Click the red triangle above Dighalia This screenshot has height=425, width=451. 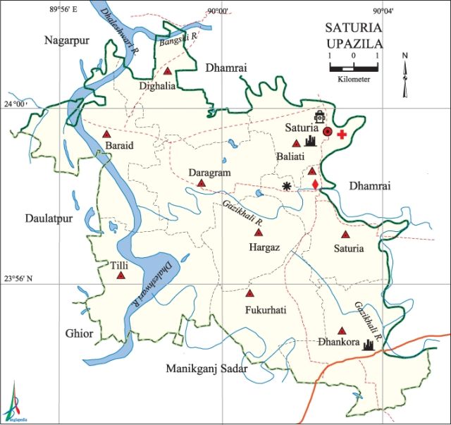(x=168, y=71)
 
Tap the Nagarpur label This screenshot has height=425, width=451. (x=67, y=41)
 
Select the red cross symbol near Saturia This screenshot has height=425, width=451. (x=342, y=134)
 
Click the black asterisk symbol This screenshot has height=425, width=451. (x=286, y=186)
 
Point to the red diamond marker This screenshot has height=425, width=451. (x=315, y=185)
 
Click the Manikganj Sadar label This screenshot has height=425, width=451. (x=202, y=369)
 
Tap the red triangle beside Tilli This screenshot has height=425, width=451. (x=121, y=276)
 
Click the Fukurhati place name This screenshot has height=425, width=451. (x=265, y=310)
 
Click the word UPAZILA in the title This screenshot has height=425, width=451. (x=354, y=44)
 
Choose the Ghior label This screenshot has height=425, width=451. (x=78, y=333)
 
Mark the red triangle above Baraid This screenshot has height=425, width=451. (x=106, y=134)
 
